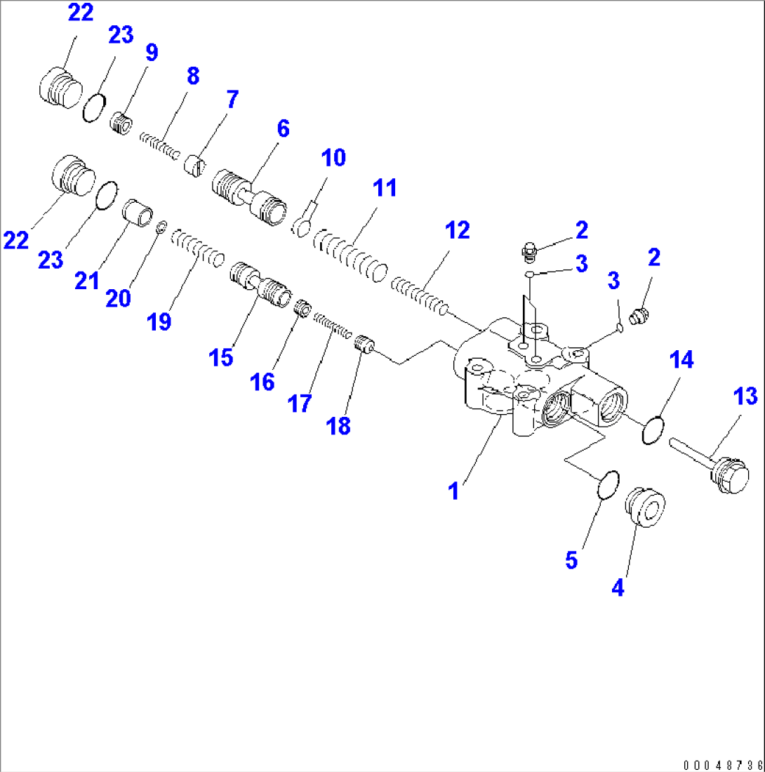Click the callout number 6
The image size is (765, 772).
click(x=282, y=129)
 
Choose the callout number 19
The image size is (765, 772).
click(x=159, y=321)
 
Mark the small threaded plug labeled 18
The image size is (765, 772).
click(x=362, y=346)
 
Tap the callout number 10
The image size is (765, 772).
click(x=334, y=158)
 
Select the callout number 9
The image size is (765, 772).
click(x=151, y=53)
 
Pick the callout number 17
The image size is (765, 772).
click(x=300, y=404)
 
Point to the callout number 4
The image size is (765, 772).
click(x=617, y=588)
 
